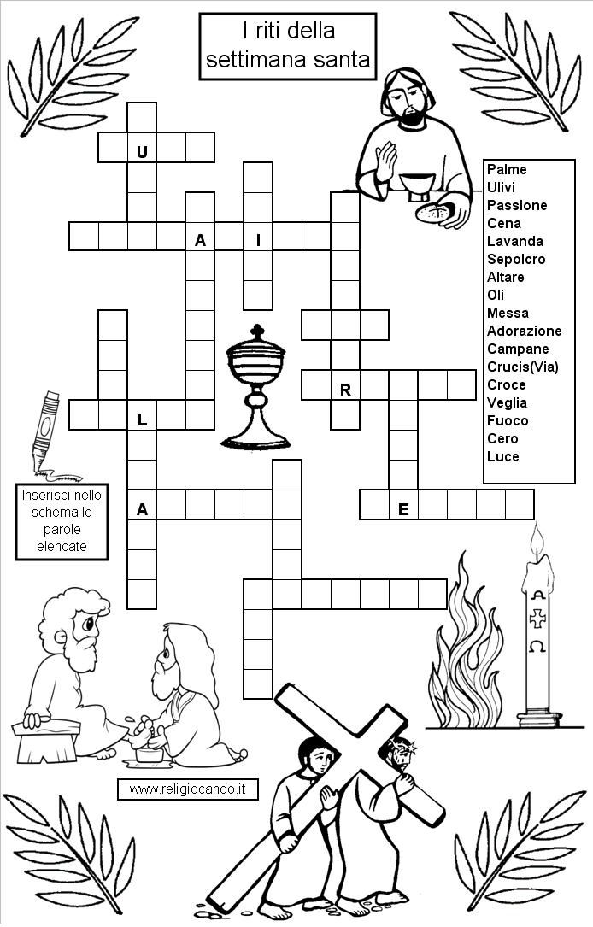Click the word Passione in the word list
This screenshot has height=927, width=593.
tap(517, 205)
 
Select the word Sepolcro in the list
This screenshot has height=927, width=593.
tap(516, 259)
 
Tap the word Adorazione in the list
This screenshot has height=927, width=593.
tap(524, 331)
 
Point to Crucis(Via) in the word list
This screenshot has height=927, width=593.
tap(523, 367)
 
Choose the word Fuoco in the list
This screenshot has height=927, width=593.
tap(508, 420)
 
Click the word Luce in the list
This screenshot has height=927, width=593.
tap(503, 456)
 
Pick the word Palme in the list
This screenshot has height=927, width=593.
tap(507, 169)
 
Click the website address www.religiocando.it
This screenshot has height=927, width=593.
tap(187, 789)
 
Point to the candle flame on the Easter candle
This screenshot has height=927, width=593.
tap(537, 543)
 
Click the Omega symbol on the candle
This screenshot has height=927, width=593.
tap(537, 647)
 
